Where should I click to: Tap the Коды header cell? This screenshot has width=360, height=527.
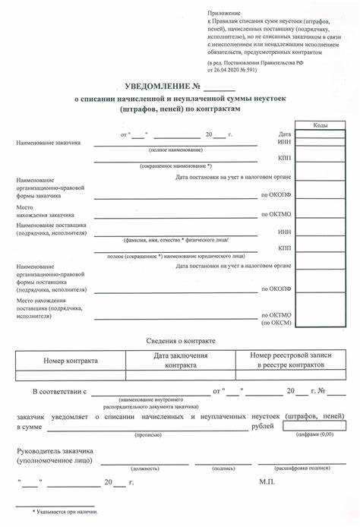(321, 125)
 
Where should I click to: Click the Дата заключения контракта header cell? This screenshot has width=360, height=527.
(180, 360)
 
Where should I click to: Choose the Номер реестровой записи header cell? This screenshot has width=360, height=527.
(289, 360)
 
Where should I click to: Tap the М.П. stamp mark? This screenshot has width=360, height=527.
(266, 481)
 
